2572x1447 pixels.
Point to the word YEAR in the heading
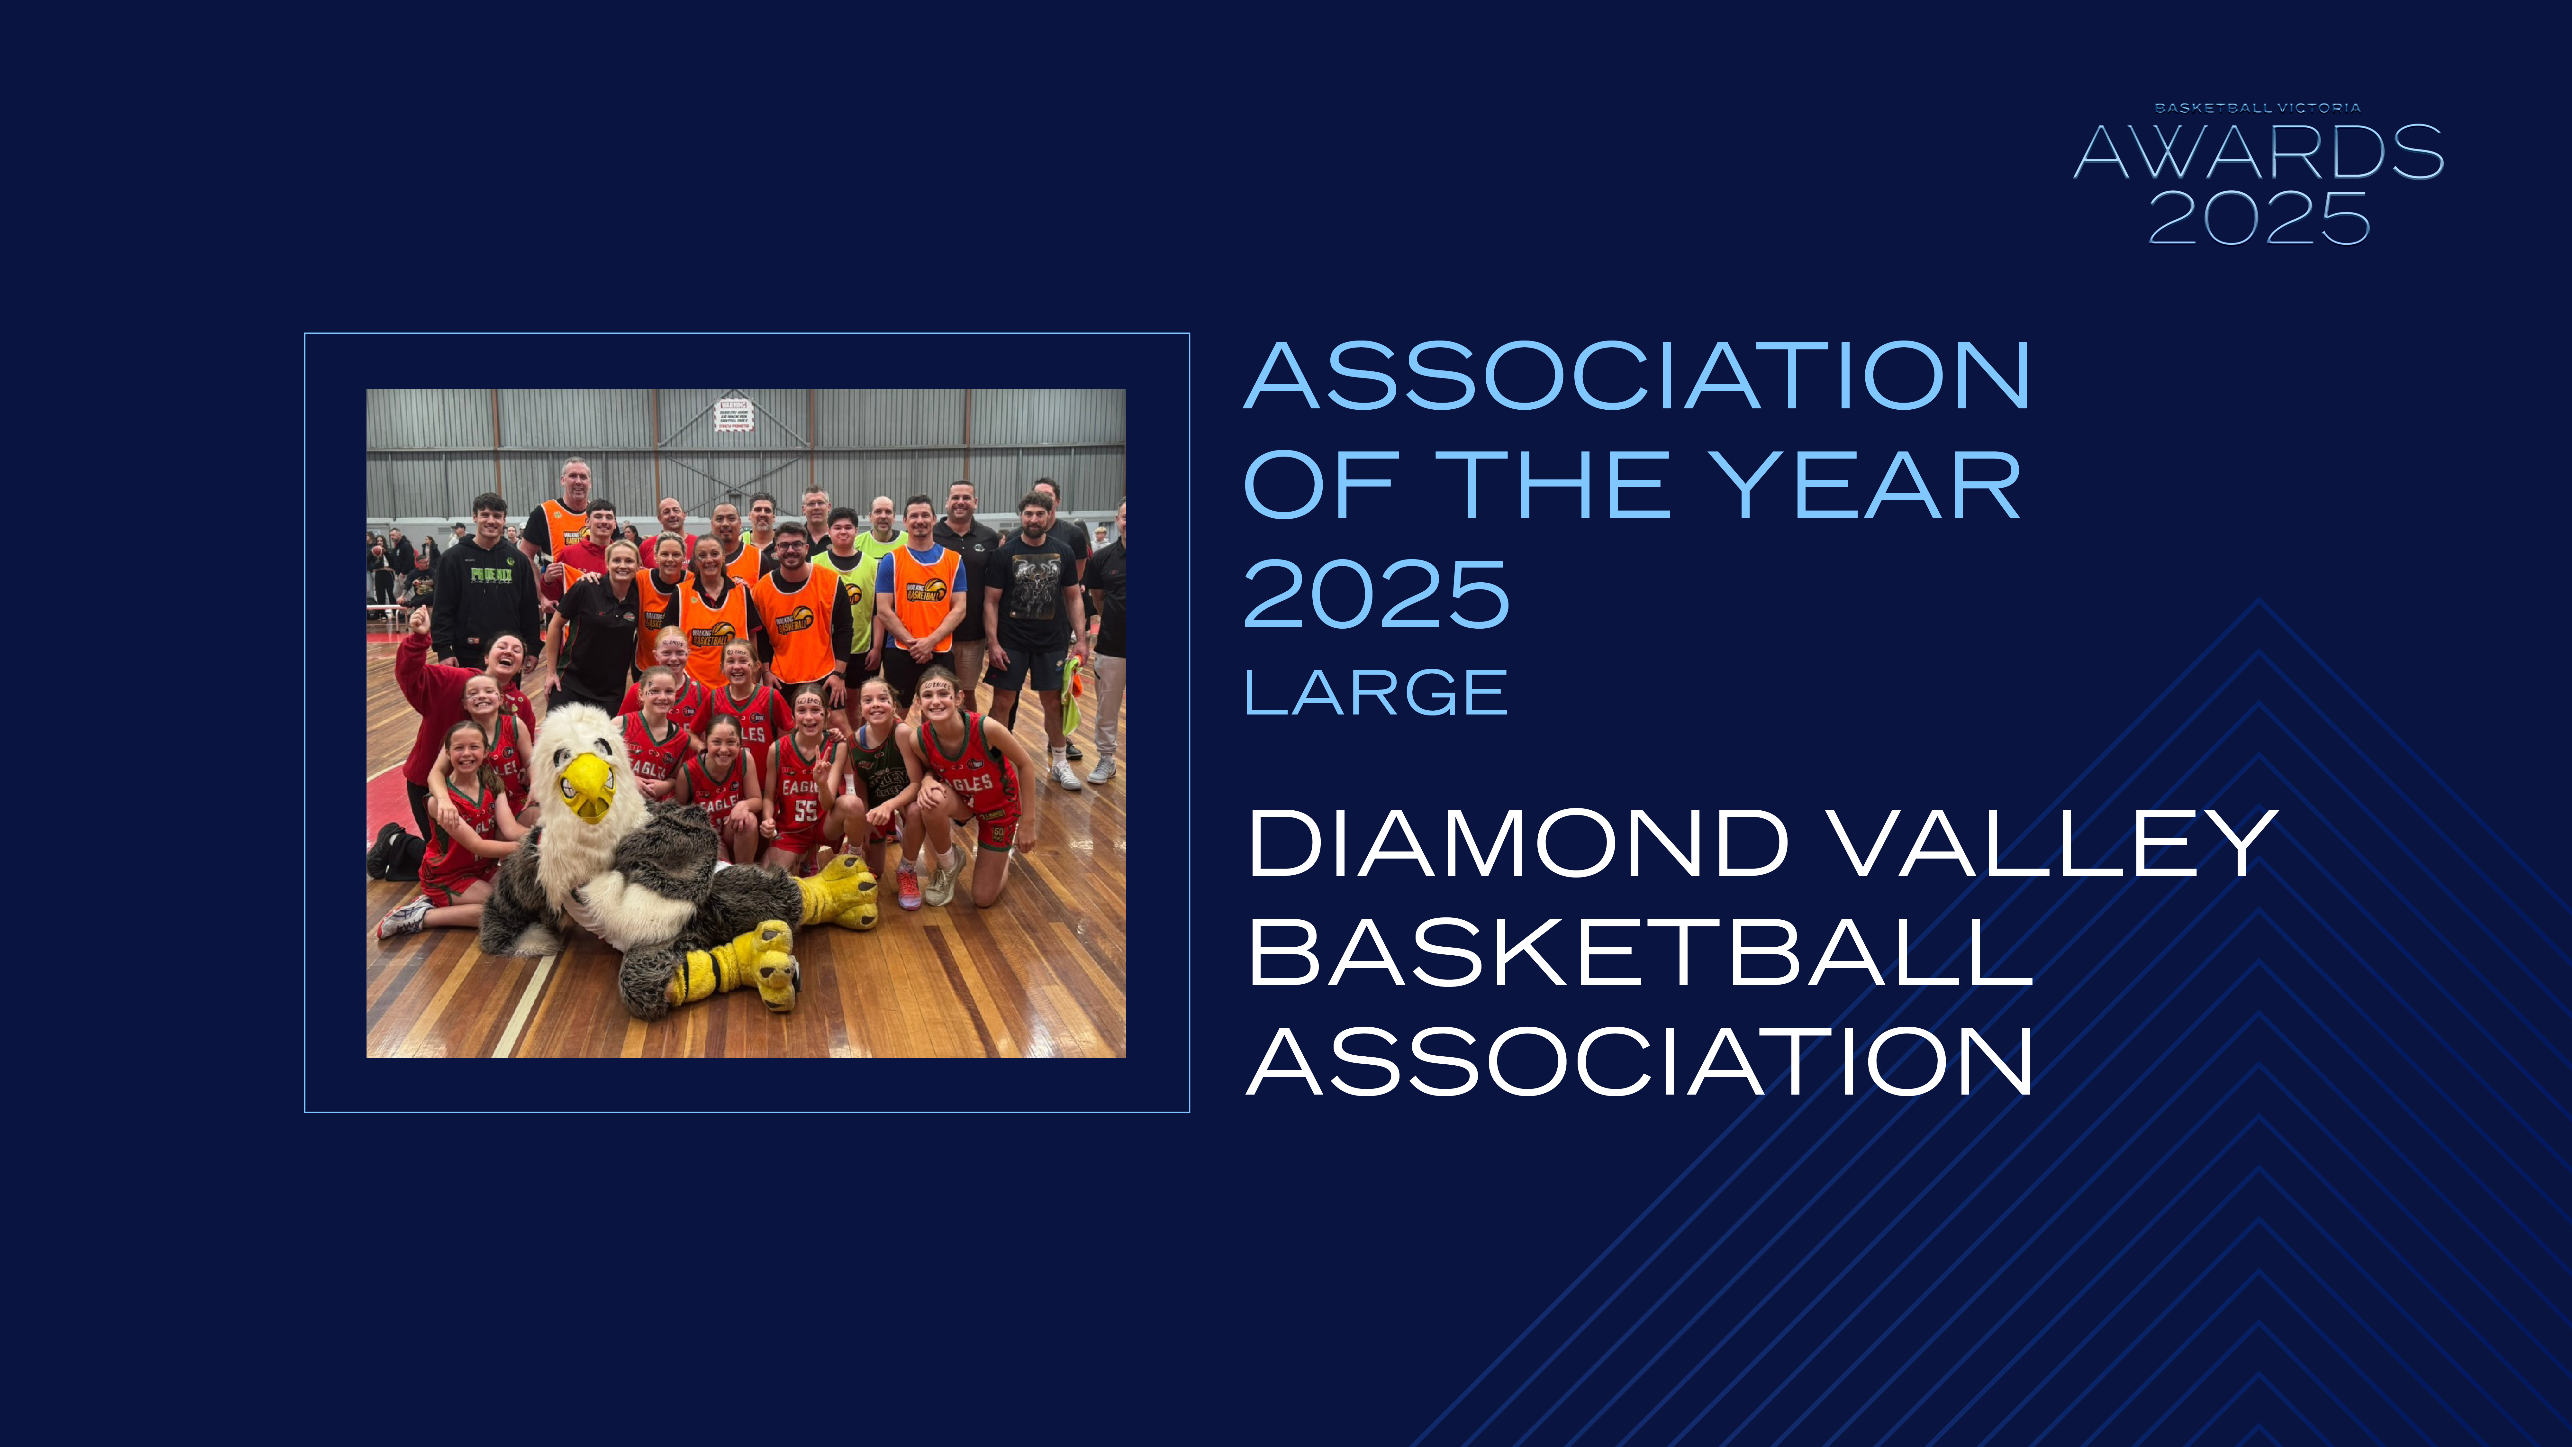pos(1865,485)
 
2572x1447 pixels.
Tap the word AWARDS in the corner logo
pos(2259,153)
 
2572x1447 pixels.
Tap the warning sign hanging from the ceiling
pos(734,414)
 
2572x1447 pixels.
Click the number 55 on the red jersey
pos(805,810)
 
